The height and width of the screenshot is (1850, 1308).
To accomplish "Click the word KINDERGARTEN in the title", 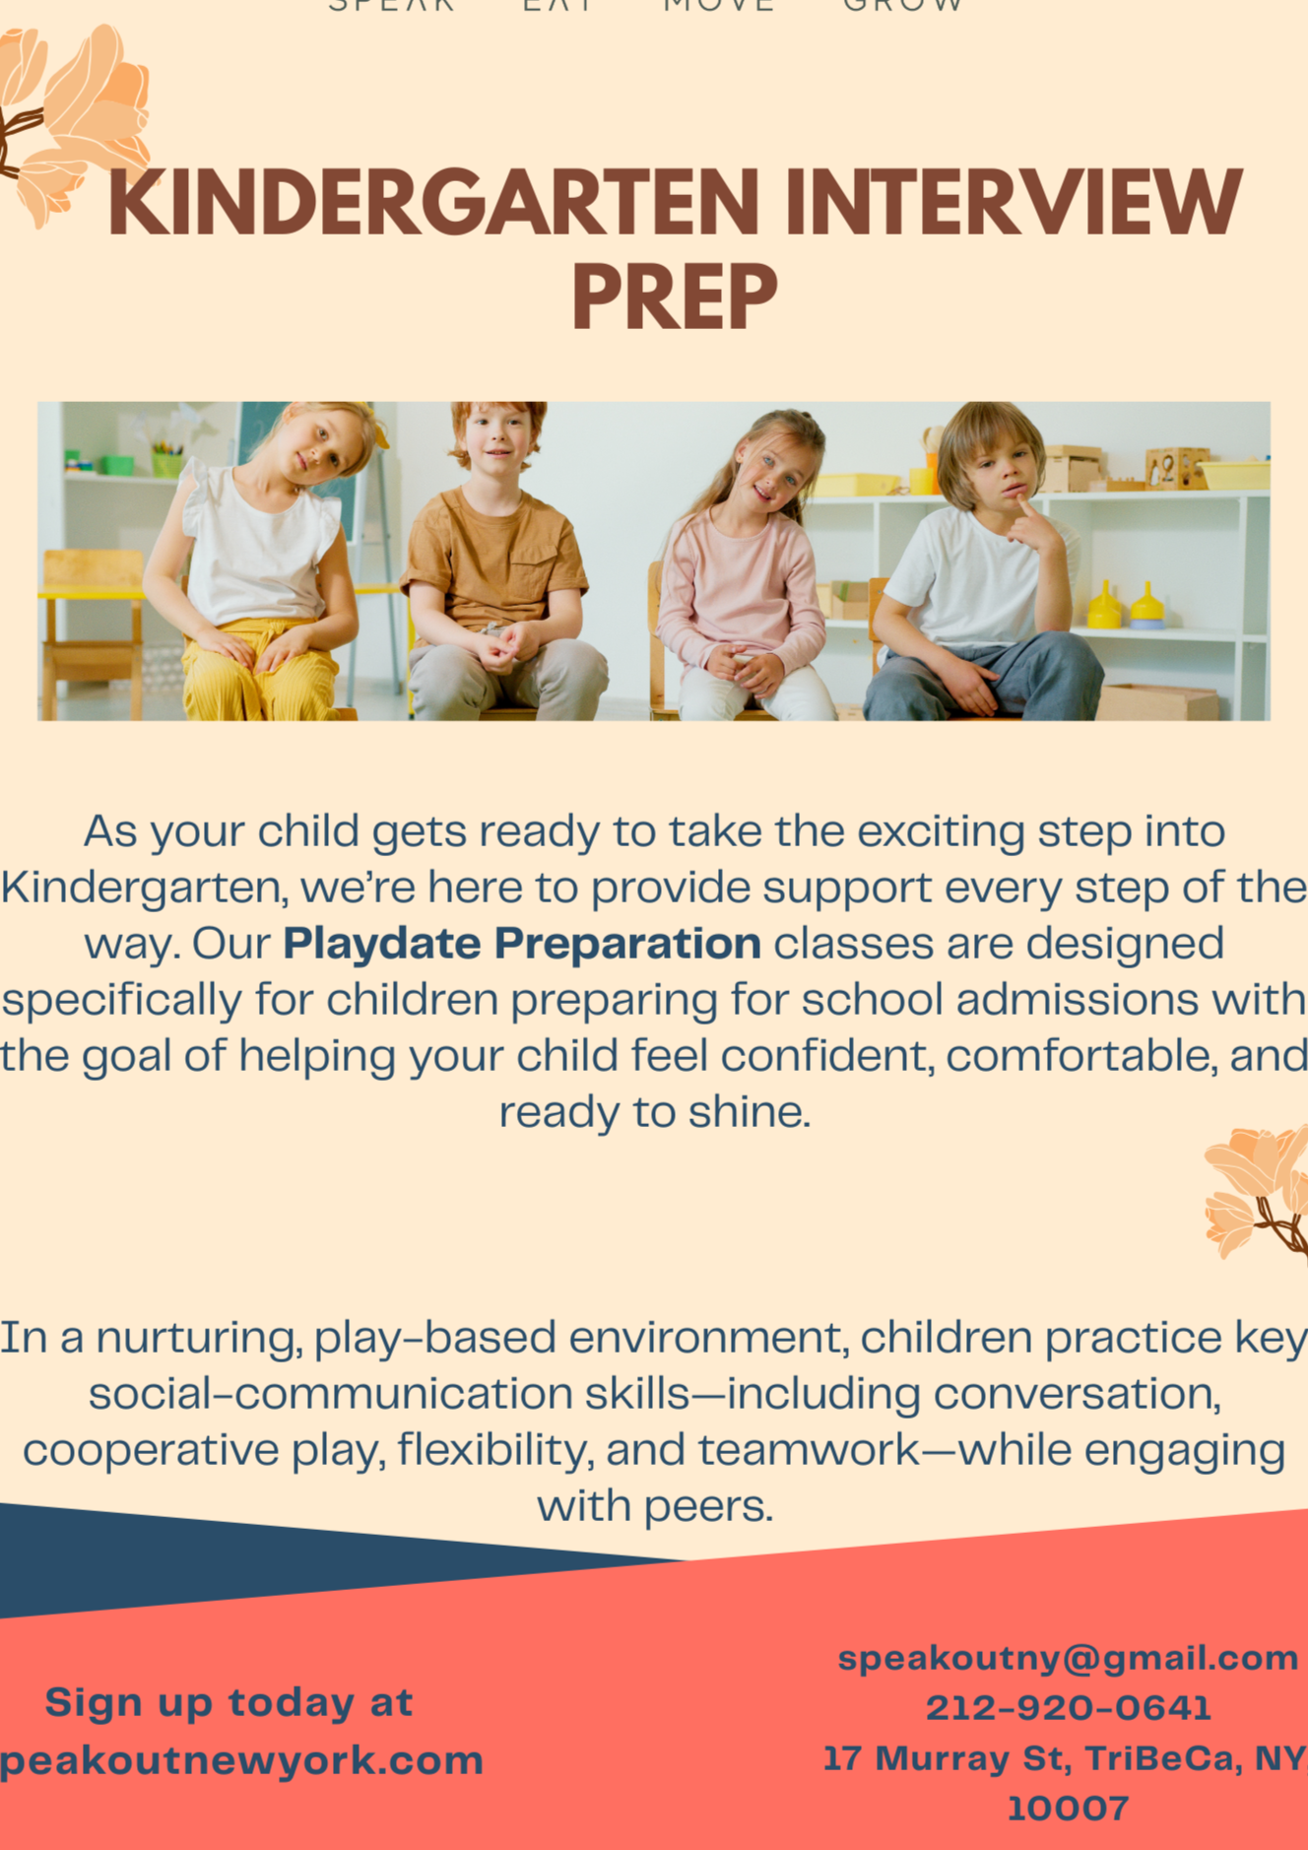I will pyautogui.click(x=433, y=203).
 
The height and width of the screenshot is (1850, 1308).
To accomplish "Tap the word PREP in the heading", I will pyautogui.click(x=675, y=297).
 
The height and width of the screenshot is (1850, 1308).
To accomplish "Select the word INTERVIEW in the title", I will pyautogui.click(x=1014, y=203).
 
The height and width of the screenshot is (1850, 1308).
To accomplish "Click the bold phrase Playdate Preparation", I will pyautogui.click(x=521, y=944).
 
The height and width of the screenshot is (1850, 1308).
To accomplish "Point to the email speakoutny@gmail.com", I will pyautogui.click(x=1068, y=1658).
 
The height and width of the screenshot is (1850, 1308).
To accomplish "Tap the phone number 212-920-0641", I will pyautogui.click(x=1068, y=1707).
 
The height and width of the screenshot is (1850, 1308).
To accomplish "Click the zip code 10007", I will pyautogui.click(x=1068, y=1809).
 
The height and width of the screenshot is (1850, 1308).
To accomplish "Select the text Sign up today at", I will pyautogui.click(x=229, y=1702).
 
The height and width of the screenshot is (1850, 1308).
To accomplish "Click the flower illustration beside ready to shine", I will pyautogui.click(x=1256, y=1192).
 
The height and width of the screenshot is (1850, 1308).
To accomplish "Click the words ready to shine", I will pyautogui.click(x=654, y=1112).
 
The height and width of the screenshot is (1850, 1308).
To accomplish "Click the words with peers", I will pyautogui.click(x=654, y=1506).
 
